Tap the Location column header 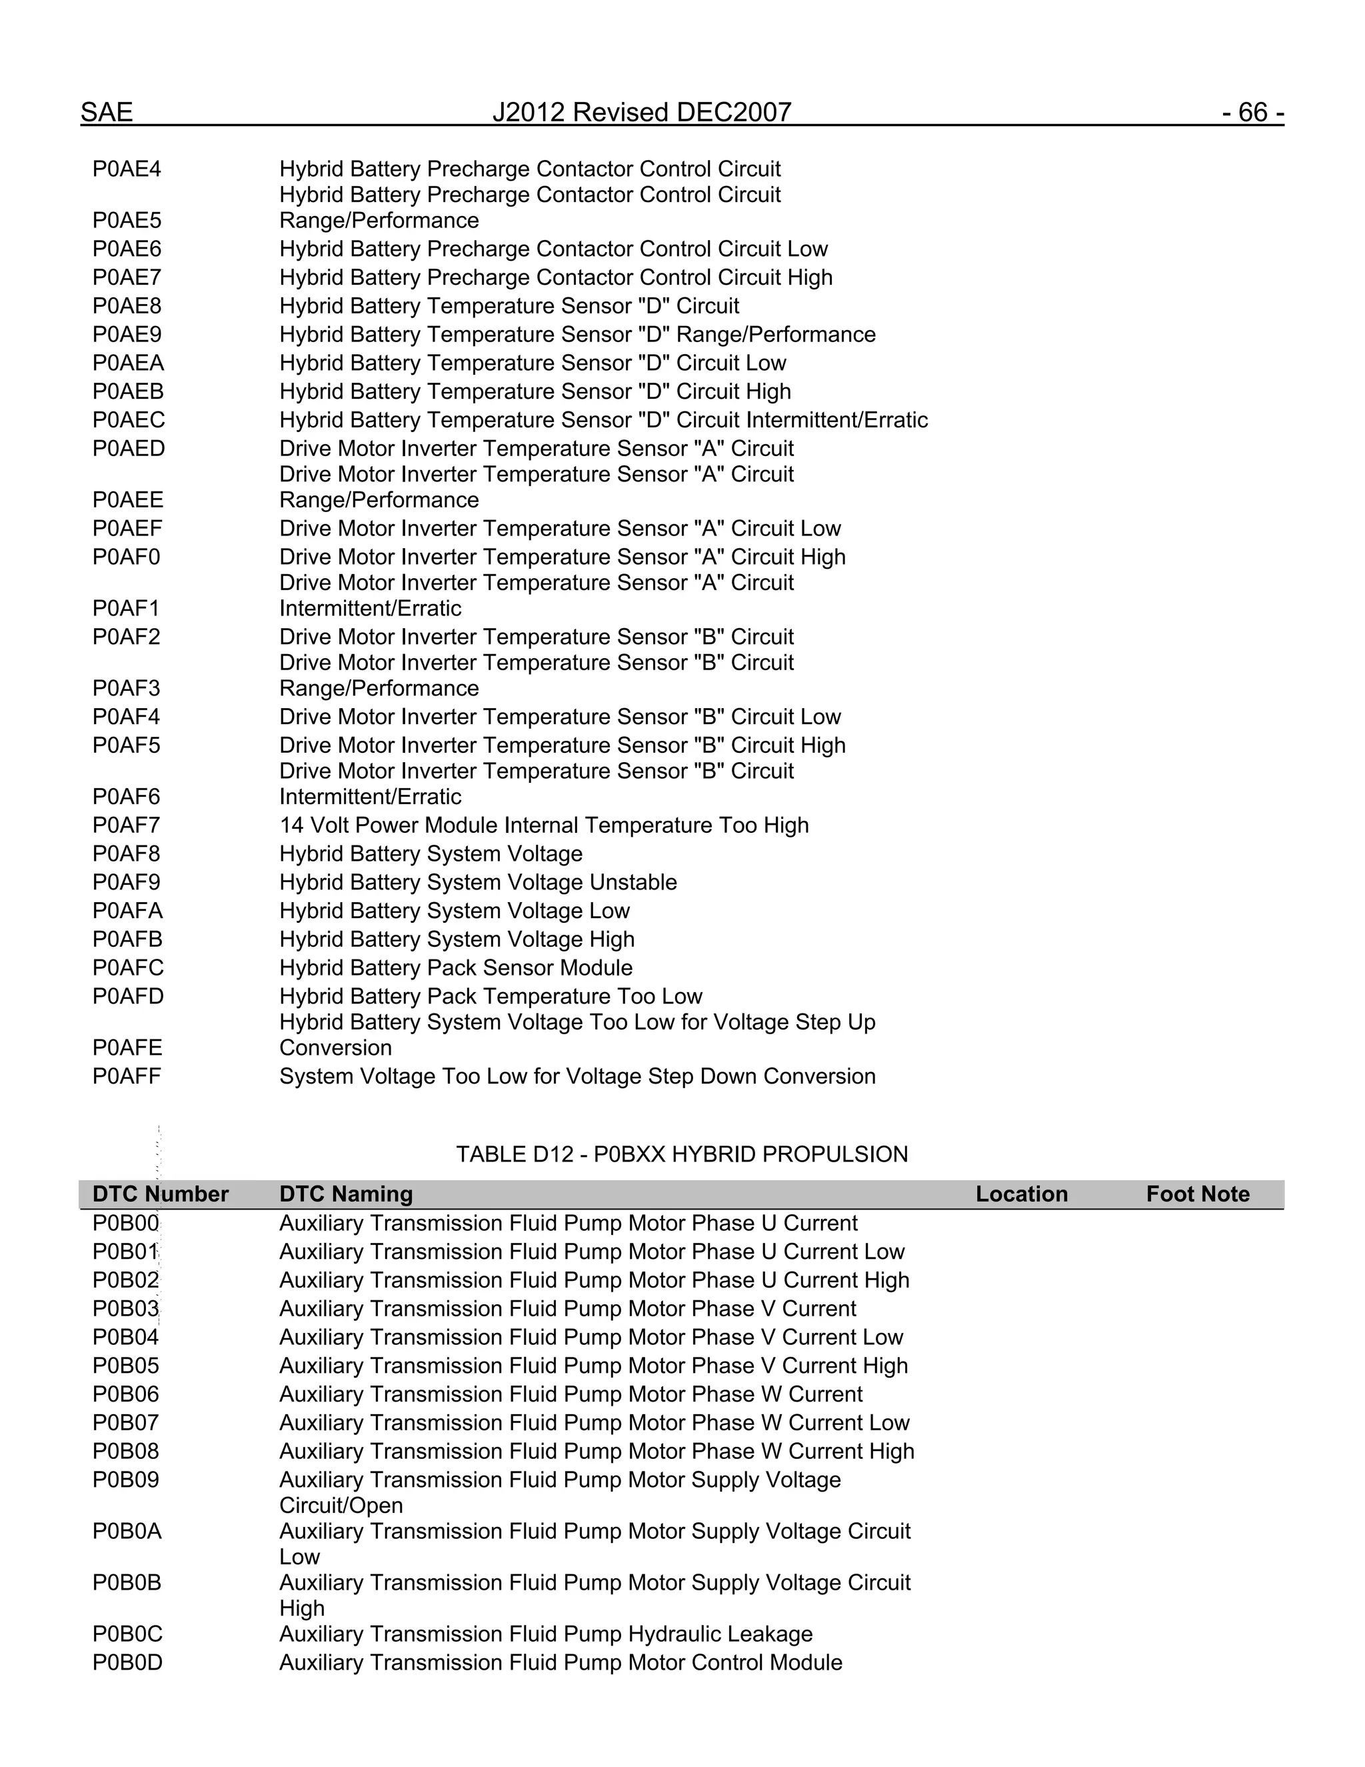1021,1194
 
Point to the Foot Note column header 1198,1194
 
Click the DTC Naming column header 346,1194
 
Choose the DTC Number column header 160,1194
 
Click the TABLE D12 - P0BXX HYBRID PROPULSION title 682,1154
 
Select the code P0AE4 127,169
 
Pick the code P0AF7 126,825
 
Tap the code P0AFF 127,1076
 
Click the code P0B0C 127,1634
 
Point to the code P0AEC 129,420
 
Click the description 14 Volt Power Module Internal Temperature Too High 543,825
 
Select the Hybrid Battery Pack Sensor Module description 456,968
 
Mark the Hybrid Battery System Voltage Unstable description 478,882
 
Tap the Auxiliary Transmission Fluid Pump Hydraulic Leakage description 546,1634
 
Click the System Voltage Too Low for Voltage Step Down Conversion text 577,1076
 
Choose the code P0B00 126,1224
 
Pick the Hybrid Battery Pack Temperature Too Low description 491,996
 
